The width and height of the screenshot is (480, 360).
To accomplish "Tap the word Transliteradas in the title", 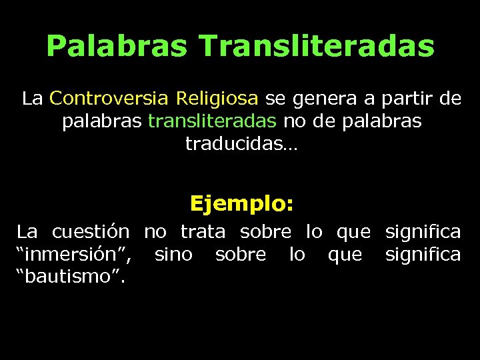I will pos(316,47).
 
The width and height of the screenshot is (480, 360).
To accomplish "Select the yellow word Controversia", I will pos(111,99).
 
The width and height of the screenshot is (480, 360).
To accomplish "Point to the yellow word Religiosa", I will pos(217,99).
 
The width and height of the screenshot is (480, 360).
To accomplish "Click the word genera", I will pos(323,99).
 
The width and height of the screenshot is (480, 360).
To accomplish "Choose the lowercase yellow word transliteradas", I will pos(212,122).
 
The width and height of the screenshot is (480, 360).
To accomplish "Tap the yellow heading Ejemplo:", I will pos(241,203).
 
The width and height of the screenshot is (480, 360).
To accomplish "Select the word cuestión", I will pos(91,232).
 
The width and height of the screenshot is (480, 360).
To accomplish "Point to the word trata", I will pos(203,232).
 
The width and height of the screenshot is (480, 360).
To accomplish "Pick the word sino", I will pos(173,255).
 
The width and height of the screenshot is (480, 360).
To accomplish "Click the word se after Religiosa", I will pos(273,99).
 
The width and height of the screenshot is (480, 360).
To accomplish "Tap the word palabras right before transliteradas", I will pos(102,122).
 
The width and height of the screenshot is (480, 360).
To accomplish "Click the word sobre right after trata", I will pos(265,232).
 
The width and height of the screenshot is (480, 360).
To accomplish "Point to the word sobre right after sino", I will pos(241,255).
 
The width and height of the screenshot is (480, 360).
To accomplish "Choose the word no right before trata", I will pos(155,232).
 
